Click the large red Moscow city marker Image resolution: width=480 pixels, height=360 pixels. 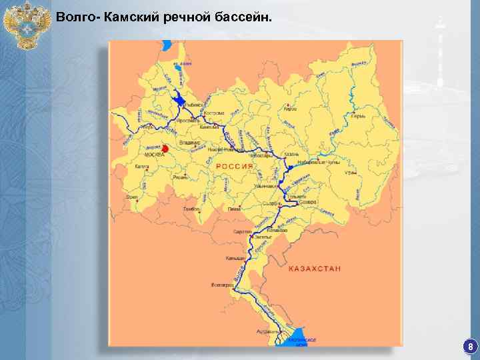164,147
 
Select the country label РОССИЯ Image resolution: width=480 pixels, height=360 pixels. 233,166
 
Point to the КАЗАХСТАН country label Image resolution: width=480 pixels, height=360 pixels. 315,268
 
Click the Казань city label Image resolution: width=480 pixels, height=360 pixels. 292,154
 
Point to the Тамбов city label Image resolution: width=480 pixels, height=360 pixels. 192,209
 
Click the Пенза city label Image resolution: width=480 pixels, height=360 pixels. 234,209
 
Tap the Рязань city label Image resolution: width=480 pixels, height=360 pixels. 179,177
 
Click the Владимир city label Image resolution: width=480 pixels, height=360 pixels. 190,142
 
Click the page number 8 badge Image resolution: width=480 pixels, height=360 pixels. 471,347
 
